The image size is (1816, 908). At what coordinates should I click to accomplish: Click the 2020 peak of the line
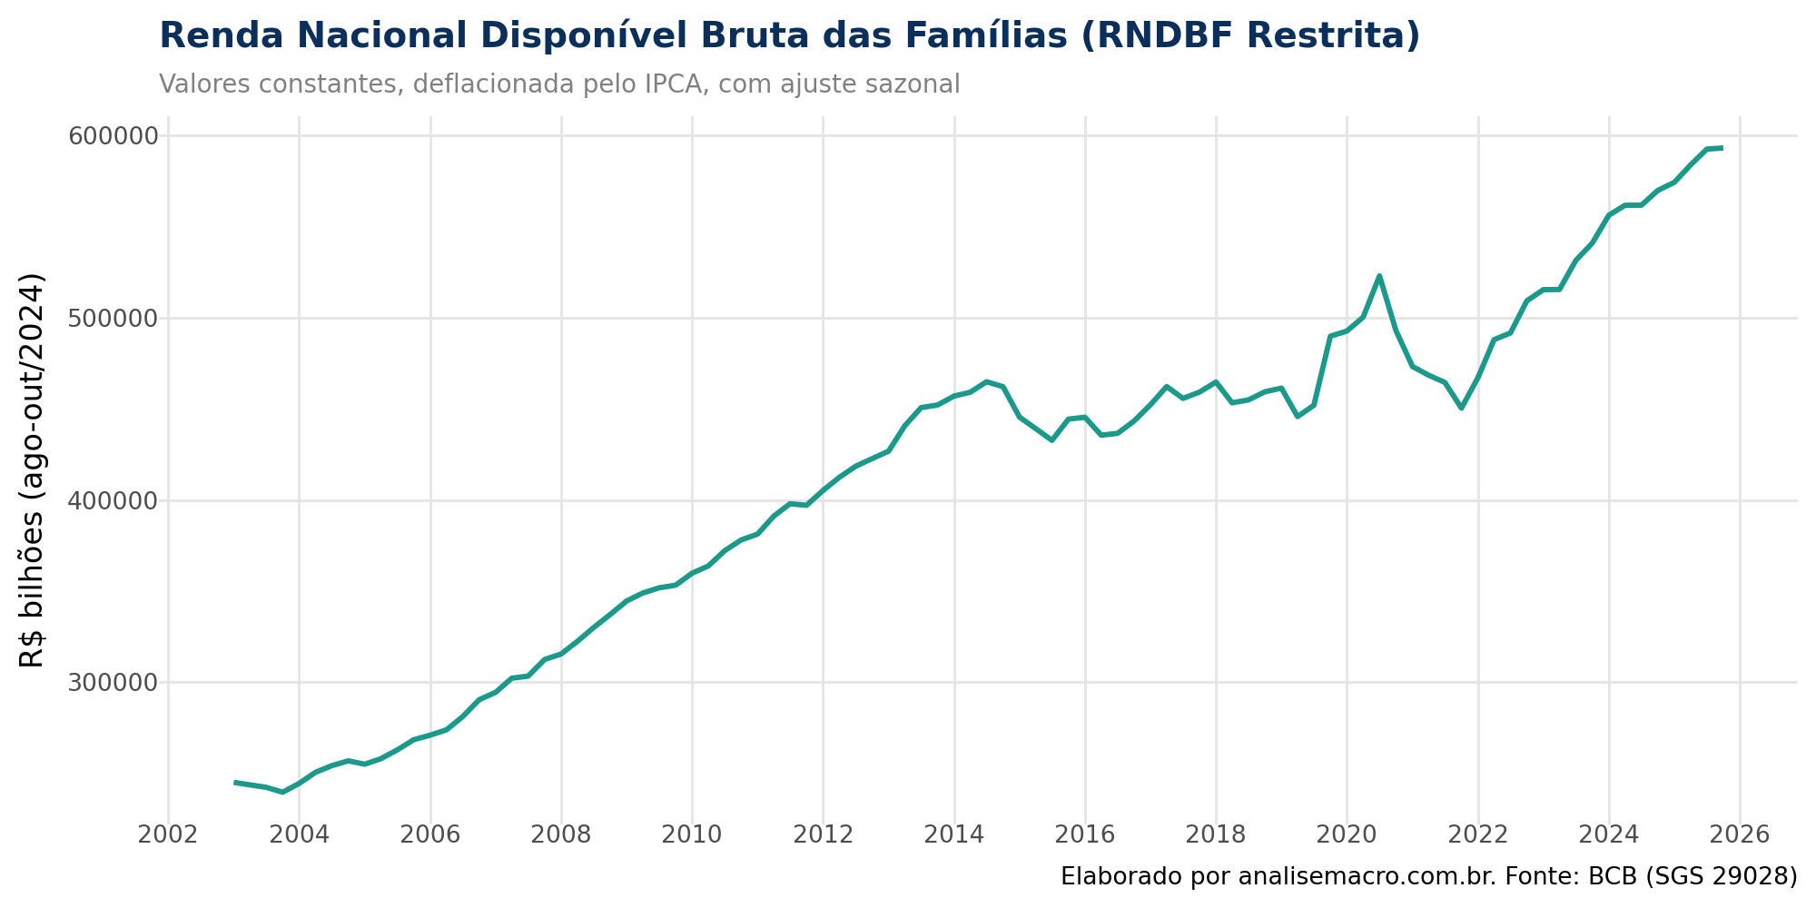tap(1379, 275)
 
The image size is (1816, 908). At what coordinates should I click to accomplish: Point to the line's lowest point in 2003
tap(283, 792)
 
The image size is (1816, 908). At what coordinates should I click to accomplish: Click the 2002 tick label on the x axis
tap(168, 834)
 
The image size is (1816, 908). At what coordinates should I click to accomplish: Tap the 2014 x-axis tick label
tap(954, 834)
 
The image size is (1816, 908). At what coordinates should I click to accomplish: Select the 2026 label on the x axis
tap(1740, 834)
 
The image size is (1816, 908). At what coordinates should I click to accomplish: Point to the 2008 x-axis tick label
tap(561, 834)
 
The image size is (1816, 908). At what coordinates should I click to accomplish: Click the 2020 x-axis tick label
tap(1347, 834)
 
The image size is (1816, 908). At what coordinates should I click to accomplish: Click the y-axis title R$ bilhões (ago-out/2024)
tap(33, 469)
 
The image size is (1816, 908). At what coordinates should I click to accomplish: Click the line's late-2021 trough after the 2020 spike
tap(1461, 409)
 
